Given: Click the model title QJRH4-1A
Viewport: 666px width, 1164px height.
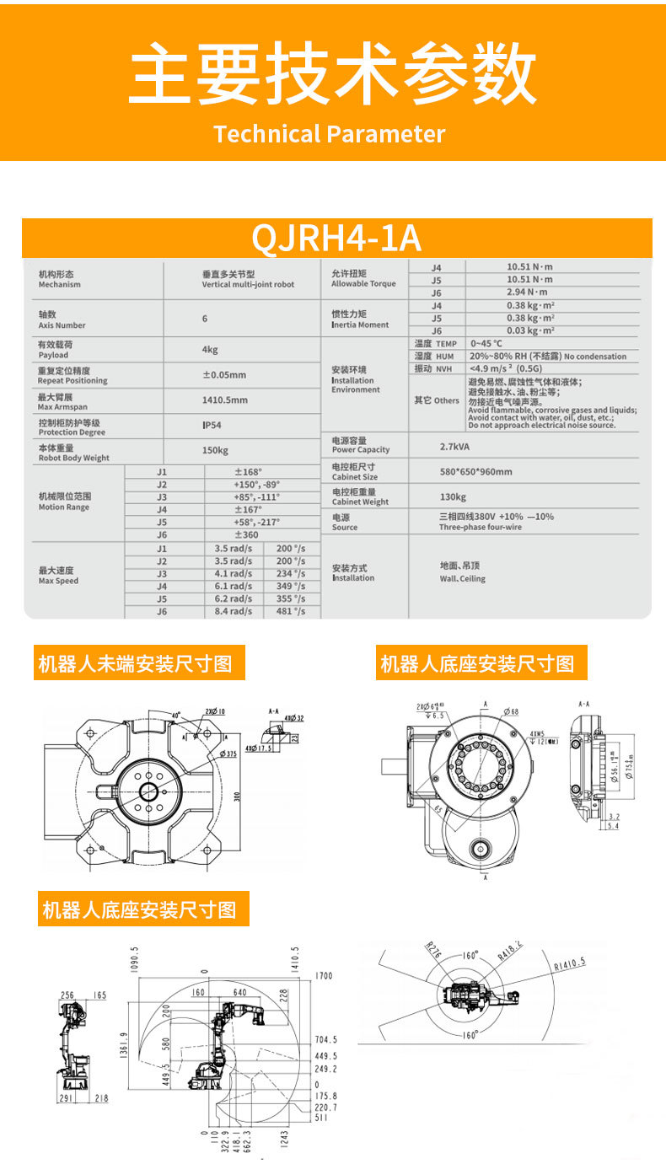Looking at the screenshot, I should [336, 239].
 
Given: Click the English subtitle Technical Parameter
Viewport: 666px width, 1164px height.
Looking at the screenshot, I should [329, 134].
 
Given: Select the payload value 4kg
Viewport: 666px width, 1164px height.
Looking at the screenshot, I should [210, 350].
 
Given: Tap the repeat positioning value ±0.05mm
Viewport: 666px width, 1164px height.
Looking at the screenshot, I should [224, 375].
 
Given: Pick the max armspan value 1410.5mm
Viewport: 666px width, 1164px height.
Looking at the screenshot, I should [224, 400].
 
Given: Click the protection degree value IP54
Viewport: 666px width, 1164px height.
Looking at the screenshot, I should [212, 426].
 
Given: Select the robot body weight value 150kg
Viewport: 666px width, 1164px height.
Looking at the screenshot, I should [215, 451].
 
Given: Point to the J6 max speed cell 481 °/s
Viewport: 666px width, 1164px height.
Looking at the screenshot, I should [291, 612].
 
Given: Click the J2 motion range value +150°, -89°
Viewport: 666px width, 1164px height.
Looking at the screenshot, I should [256, 485].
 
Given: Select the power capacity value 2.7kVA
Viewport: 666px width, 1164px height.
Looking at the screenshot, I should [454, 445].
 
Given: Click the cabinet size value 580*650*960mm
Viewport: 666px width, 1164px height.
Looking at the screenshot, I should [475, 471].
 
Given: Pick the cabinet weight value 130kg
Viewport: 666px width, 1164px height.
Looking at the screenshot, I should [453, 497].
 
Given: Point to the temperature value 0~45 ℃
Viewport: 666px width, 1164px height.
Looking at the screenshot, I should [486, 343].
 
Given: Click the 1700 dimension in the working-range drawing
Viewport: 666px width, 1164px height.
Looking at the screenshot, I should [324, 976].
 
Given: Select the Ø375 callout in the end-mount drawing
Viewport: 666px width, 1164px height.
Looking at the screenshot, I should [227, 753].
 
